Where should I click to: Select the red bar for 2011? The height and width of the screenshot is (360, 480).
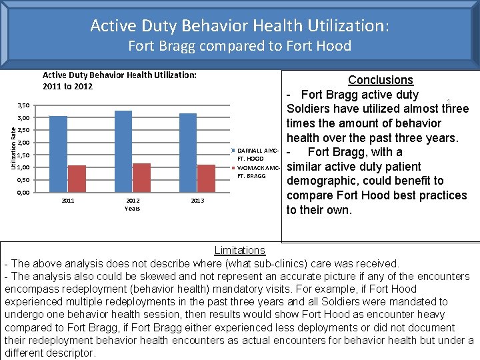[x=77, y=179]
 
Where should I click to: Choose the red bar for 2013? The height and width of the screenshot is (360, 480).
[x=206, y=178]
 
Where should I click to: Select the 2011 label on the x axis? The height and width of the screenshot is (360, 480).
[x=68, y=201]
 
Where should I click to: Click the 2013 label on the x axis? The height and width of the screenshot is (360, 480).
[x=197, y=201]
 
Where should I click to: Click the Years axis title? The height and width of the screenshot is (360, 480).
[x=133, y=209]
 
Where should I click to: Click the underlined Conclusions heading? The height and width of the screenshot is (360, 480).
[x=381, y=80]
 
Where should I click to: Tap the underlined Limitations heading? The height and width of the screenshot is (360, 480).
[x=240, y=251]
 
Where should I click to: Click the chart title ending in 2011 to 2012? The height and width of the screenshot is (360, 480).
[x=119, y=81]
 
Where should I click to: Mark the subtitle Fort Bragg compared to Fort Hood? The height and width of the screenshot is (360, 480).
[x=239, y=46]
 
